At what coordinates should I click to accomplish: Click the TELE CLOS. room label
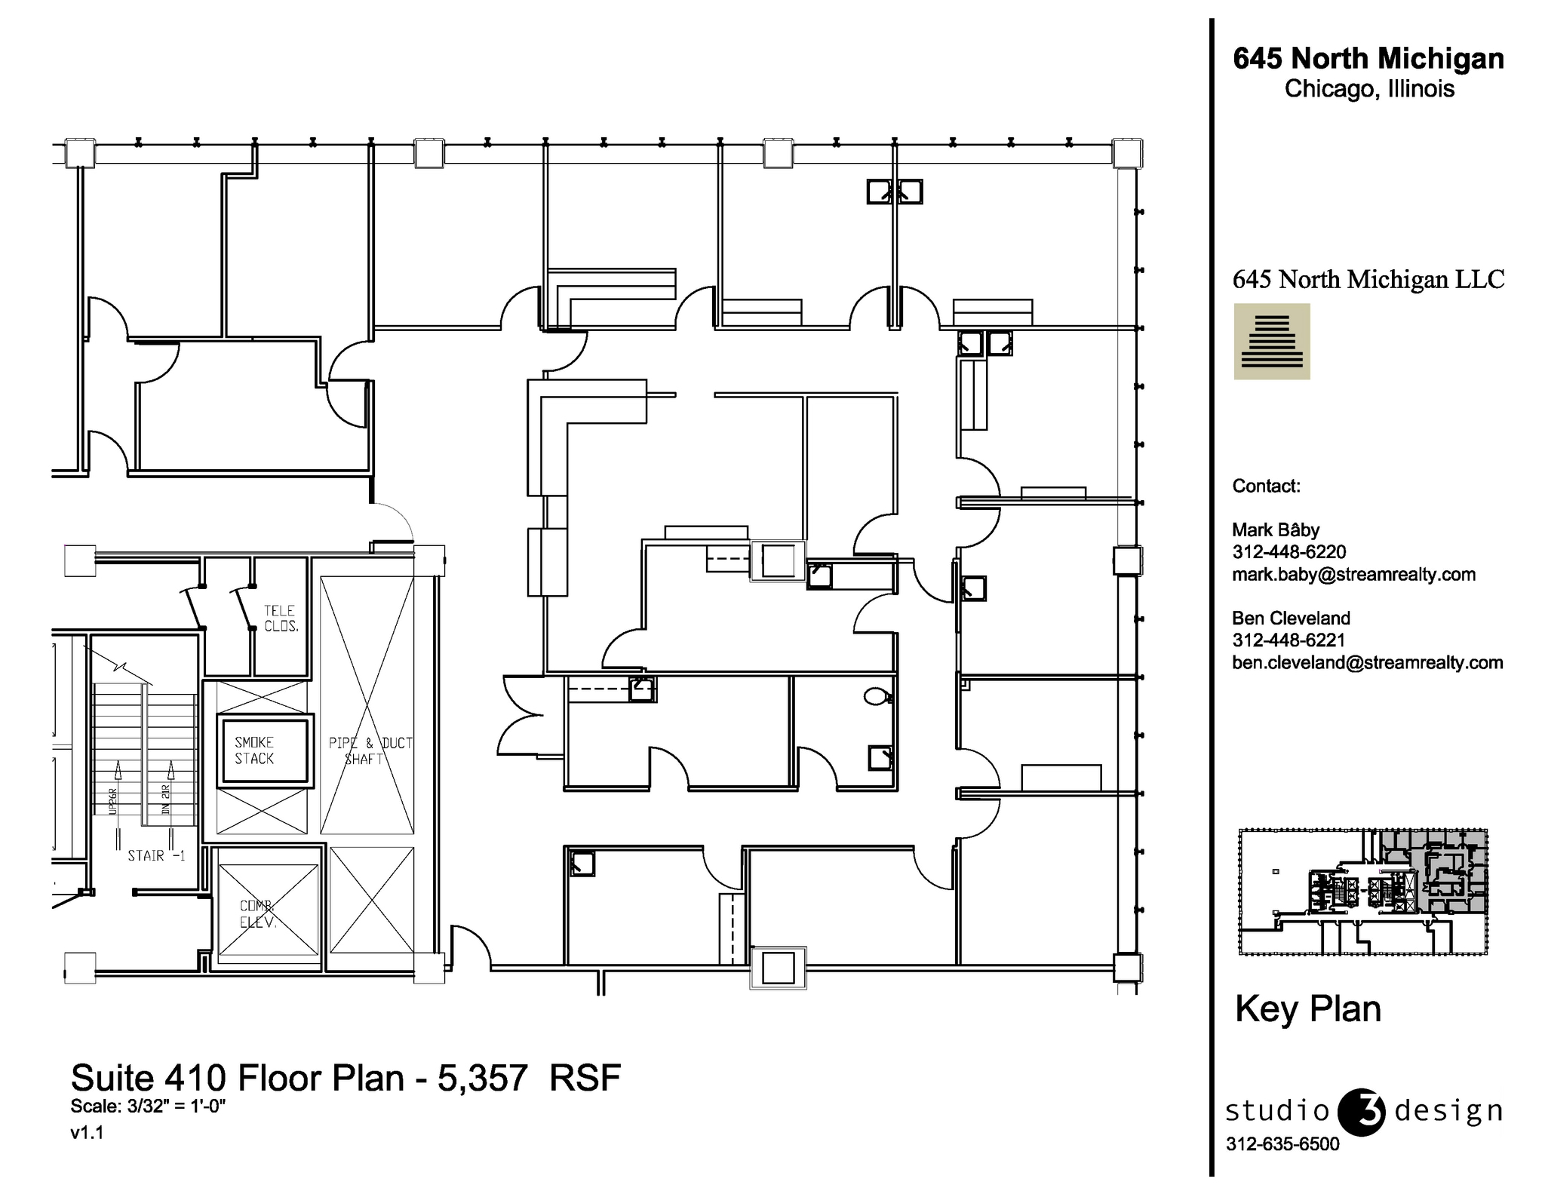pos(281,618)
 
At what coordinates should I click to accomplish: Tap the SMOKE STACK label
pos(254,750)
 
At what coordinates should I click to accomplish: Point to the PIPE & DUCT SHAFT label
pos(370,750)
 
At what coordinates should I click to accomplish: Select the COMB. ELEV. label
pos(257,914)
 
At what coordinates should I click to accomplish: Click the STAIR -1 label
pos(156,855)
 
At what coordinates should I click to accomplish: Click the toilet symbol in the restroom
pos(876,696)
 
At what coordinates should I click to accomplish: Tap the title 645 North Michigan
pos(1368,59)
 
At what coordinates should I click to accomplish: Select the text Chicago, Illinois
pos(1368,89)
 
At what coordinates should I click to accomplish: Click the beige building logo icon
pos(1271,342)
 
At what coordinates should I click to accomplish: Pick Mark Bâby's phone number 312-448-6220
pos(1289,552)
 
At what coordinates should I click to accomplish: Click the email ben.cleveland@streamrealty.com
pos(1367,662)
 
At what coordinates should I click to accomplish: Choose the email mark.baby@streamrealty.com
pos(1353,574)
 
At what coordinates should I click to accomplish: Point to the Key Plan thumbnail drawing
pos(1362,892)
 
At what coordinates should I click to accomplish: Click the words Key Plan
pos(1307,1009)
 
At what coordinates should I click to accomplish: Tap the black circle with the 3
pos(1361,1112)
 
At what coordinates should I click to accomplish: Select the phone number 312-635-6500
pos(1282,1144)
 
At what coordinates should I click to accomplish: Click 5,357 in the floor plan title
pos(483,1079)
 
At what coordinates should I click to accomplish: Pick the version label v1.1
pos(87,1132)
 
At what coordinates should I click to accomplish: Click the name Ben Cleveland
pos(1291,618)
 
